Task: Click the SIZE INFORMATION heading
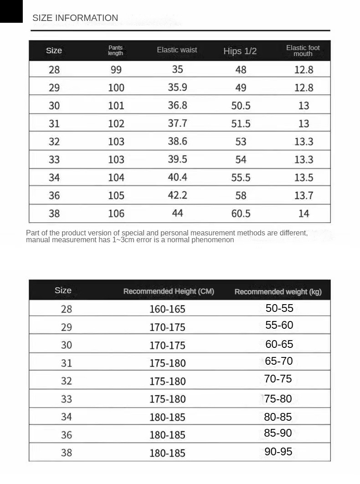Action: tap(75, 18)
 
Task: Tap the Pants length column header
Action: tap(116, 51)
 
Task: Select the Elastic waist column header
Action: tap(177, 50)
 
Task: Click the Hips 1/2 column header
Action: tap(240, 51)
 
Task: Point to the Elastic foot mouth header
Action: tap(303, 51)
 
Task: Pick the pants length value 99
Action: tap(116, 70)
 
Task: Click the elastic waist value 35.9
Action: tap(177, 87)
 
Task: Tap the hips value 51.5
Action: tap(241, 124)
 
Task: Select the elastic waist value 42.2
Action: tap(177, 195)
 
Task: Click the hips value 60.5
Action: tap(241, 214)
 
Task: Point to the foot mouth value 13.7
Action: tap(303, 196)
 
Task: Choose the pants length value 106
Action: tap(116, 214)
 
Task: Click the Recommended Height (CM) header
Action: tap(169, 291)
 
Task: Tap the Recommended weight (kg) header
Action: tap(278, 292)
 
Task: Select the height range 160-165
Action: tap(167, 309)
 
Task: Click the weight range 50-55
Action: tap(279, 308)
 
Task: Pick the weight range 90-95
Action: tap(278, 452)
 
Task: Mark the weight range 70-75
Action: tap(278, 379)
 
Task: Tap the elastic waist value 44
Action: tap(177, 213)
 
